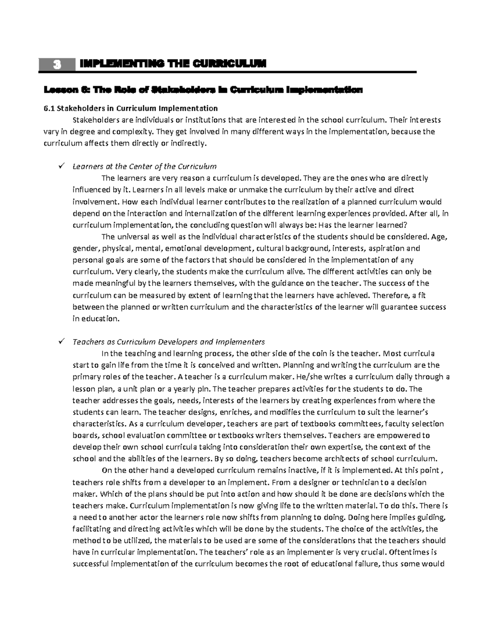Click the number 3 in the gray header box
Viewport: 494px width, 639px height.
(x=57, y=65)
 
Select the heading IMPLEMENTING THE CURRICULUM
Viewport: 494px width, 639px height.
(x=173, y=64)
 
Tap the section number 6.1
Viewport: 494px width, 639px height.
(x=49, y=109)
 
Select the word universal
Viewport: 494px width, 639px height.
(x=133, y=237)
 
